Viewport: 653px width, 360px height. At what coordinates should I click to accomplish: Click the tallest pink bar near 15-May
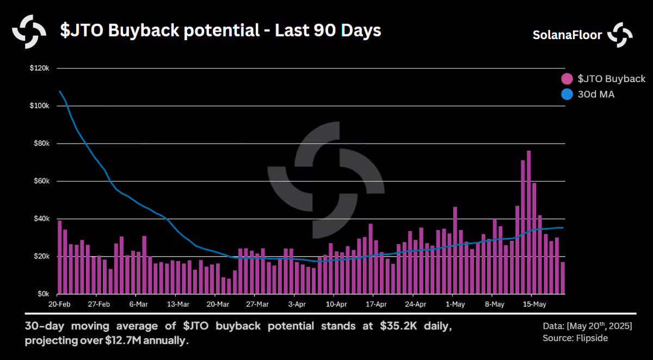pyautogui.click(x=528, y=222)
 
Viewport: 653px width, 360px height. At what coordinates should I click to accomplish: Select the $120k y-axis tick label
pyautogui.click(x=39, y=68)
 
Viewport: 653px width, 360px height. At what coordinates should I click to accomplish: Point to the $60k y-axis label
pyautogui.click(x=41, y=181)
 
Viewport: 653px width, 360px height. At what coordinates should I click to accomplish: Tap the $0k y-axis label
pyautogui.click(x=43, y=294)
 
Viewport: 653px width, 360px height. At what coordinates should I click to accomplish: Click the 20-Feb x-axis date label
pyautogui.click(x=59, y=305)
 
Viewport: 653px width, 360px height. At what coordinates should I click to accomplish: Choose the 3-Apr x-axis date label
pyautogui.click(x=297, y=305)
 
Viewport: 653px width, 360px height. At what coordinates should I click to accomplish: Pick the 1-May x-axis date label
pyautogui.click(x=455, y=305)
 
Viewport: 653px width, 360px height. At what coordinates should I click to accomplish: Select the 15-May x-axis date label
pyautogui.click(x=534, y=305)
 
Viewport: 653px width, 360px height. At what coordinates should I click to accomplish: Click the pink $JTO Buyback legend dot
pyautogui.click(x=567, y=79)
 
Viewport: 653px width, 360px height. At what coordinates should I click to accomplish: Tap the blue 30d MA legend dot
pyautogui.click(x=567, y=95)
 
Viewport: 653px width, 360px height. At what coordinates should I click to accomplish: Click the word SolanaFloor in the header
pyautogui.click(x=567, y=35)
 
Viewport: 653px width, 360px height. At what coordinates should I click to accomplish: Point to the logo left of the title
pyautogui.click(x=29, y=32)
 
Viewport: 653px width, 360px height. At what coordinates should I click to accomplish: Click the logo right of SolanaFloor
pyautogui.click(x=620, y=35)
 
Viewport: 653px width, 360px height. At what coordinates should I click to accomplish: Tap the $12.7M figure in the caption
pyautogui.click(x=123, y=340)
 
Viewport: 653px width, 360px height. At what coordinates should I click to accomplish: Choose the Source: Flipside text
pyautogui.click(x=575, y=338)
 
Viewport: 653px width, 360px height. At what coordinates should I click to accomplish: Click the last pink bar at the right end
pyautogui.click(x=563, y=278)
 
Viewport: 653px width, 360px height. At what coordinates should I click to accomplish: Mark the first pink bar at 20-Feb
pyautogui.click(x=60, y=257)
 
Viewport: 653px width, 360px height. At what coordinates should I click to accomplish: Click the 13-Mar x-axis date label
pyautogui.click(x=178, y=305)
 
